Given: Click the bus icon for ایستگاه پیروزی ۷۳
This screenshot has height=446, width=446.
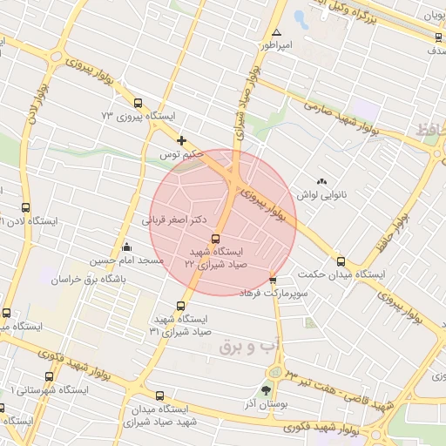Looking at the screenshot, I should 139,104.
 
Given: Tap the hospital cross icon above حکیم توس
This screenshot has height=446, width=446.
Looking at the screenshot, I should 181,140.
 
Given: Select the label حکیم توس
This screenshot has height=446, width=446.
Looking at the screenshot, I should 180,154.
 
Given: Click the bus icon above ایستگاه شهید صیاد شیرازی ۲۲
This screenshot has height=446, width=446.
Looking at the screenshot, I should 215,239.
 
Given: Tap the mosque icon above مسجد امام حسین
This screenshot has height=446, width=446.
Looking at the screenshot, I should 127,247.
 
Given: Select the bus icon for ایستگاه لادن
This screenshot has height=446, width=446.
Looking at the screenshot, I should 25,208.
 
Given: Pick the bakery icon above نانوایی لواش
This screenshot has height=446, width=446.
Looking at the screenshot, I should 322,182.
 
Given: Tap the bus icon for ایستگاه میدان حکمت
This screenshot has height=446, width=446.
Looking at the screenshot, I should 341,261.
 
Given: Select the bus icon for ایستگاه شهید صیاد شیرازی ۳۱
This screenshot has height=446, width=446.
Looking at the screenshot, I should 181,306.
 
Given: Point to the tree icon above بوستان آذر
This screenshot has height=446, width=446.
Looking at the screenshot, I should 266,390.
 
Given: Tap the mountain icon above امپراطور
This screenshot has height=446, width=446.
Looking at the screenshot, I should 277,32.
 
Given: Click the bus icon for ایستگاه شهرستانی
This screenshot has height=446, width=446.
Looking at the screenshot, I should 48,375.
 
